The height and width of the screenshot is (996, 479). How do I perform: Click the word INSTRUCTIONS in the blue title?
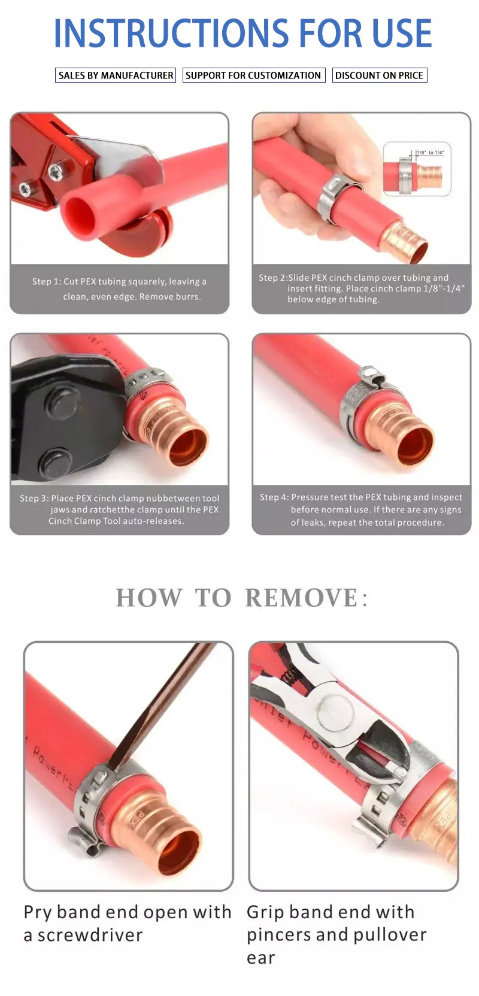(172, 33)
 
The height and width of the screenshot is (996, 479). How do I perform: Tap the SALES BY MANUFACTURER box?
(116, 75)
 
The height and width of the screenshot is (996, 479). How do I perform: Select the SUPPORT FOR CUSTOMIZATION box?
(253, 75)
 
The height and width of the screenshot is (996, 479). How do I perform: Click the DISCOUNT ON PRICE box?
(380, 75)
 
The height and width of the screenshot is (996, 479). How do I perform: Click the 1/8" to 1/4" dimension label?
(430, 153)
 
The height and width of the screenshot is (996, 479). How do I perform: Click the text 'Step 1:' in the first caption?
(47, 281)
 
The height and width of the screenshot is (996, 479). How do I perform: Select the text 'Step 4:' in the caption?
(274, 497)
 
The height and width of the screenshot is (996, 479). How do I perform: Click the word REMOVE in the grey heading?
(302, 597)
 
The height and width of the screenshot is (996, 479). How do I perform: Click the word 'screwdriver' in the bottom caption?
(90, 935)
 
